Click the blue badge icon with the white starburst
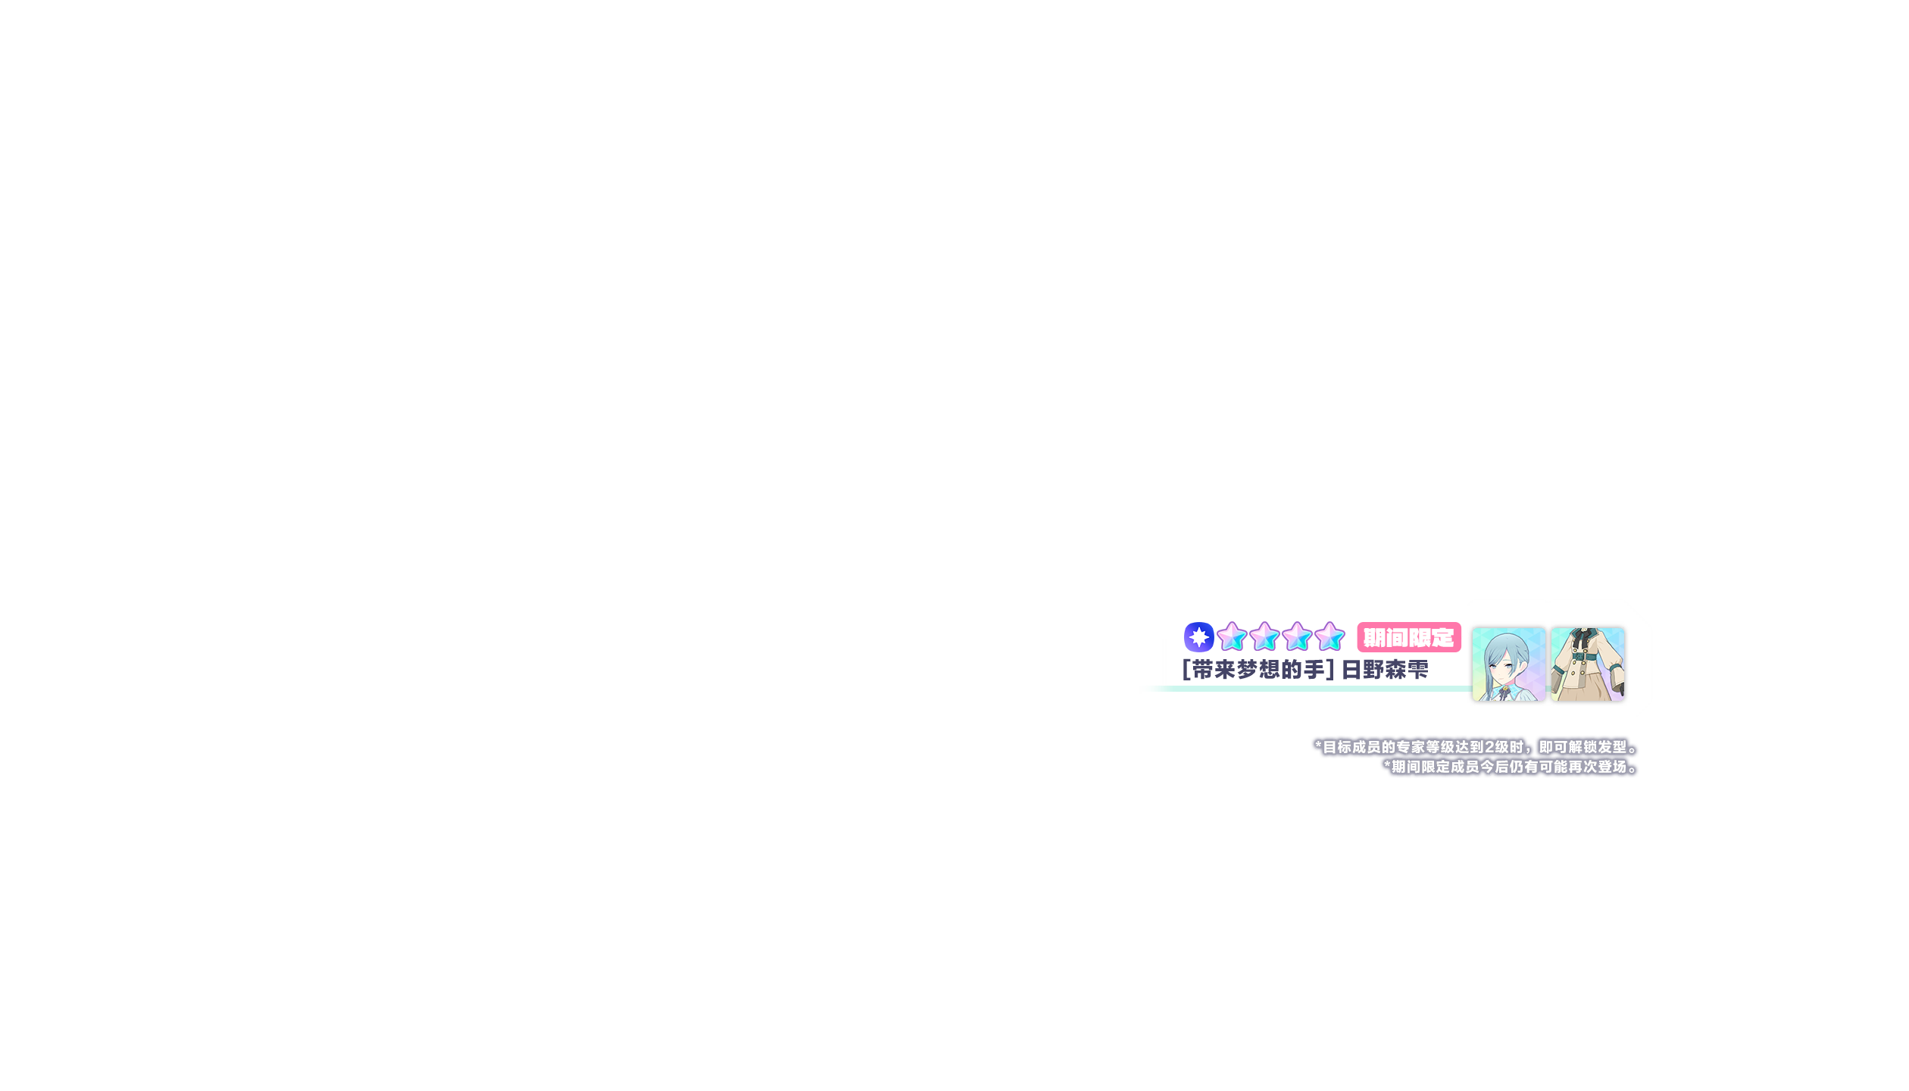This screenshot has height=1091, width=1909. click(x=1198, y=637)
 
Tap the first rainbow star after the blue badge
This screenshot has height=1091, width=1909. click(x=1232, y=637)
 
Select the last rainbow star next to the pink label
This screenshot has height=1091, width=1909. click(x=1329, y=637)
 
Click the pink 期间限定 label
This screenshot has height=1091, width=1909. click(x=1408, y=638)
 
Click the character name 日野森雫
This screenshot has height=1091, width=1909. click(x=1385, y=670)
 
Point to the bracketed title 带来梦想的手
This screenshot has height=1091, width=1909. click(x=1258, y=670)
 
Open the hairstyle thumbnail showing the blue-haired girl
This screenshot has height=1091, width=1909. click(x=1508, y=664)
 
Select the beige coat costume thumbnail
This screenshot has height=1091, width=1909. click(x=1587, y=664)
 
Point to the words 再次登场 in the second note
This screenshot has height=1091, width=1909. click(x=1598, y=767)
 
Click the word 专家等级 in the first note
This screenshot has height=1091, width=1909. click(x=1425, y=747)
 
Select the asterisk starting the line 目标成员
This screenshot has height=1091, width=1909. click(x=1318, y=746)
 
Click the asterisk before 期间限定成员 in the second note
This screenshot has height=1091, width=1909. click(x=1387, y=766)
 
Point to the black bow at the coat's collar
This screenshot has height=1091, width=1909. click(x=1581, y=639)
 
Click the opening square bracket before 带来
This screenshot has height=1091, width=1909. click(x=1186, y=670)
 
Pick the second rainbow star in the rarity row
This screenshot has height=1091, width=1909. click(x=1264, y=637)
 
